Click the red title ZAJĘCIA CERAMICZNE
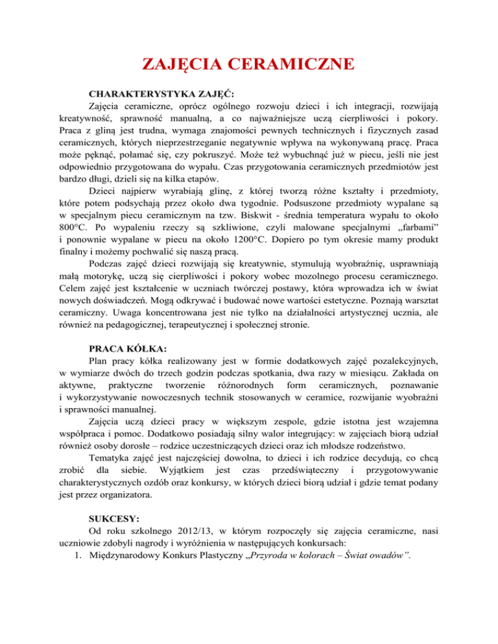[x=248, y=65]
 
